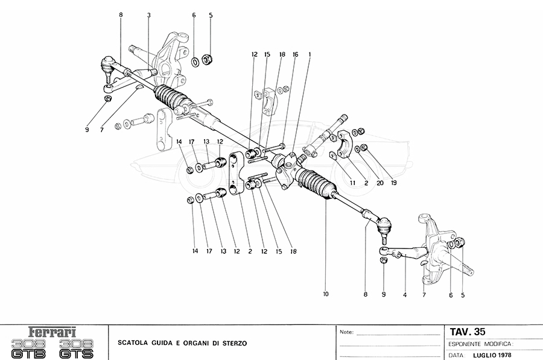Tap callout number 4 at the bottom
(405, 295)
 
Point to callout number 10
(326, 295)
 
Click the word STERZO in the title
(233, 344)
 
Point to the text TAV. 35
(468, 331)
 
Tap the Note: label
(347, 332)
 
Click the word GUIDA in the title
(156, 344)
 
